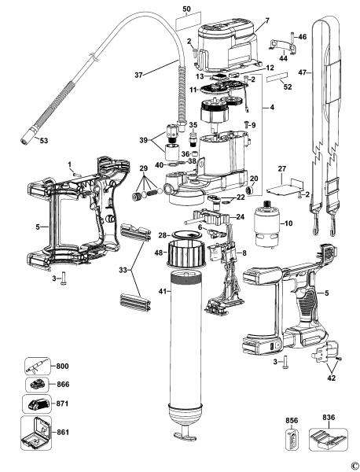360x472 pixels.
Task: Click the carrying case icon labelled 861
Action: coord(34,433)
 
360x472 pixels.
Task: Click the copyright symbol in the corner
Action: coord(354,465)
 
